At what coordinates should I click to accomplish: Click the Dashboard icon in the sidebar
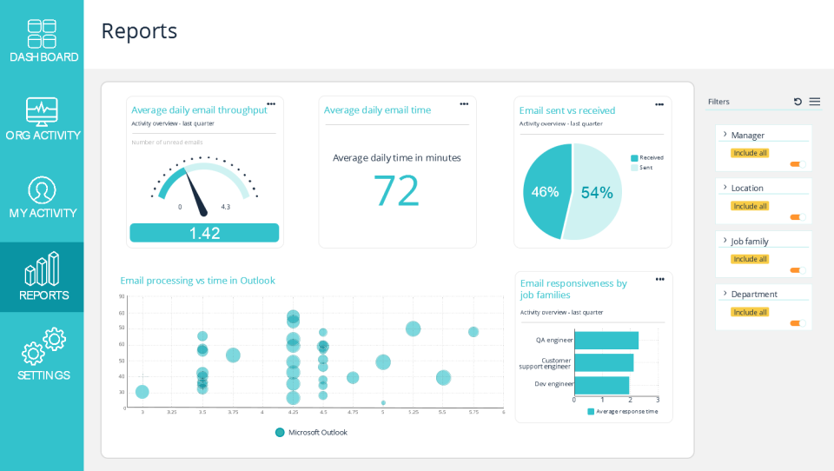tap(42, 34)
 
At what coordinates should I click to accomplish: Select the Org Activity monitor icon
tap(42, 111)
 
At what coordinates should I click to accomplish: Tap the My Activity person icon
tap(42, 189)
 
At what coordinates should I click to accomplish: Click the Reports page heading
tap(139, 31)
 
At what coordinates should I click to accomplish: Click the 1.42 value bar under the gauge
tap(204, 233)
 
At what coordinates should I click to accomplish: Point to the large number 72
tap(396, 190)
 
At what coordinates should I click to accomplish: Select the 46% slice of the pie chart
tap(544, 192)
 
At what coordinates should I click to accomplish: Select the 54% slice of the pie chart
tap(598, 192)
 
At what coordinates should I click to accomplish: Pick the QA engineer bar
tap(606, 340)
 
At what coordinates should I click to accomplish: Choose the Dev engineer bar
tap(601, 384)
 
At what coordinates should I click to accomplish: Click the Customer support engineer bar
tap(604, 362)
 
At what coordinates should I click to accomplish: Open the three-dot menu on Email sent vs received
tap(659, 104)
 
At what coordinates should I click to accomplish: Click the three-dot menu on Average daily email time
tap(464, 103)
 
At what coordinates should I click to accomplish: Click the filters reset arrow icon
tap(798, 102)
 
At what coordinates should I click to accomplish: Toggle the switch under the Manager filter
tap(797, 164)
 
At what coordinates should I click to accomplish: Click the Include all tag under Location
tap(750, 206)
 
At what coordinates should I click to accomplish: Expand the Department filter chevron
tap(725, 293)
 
